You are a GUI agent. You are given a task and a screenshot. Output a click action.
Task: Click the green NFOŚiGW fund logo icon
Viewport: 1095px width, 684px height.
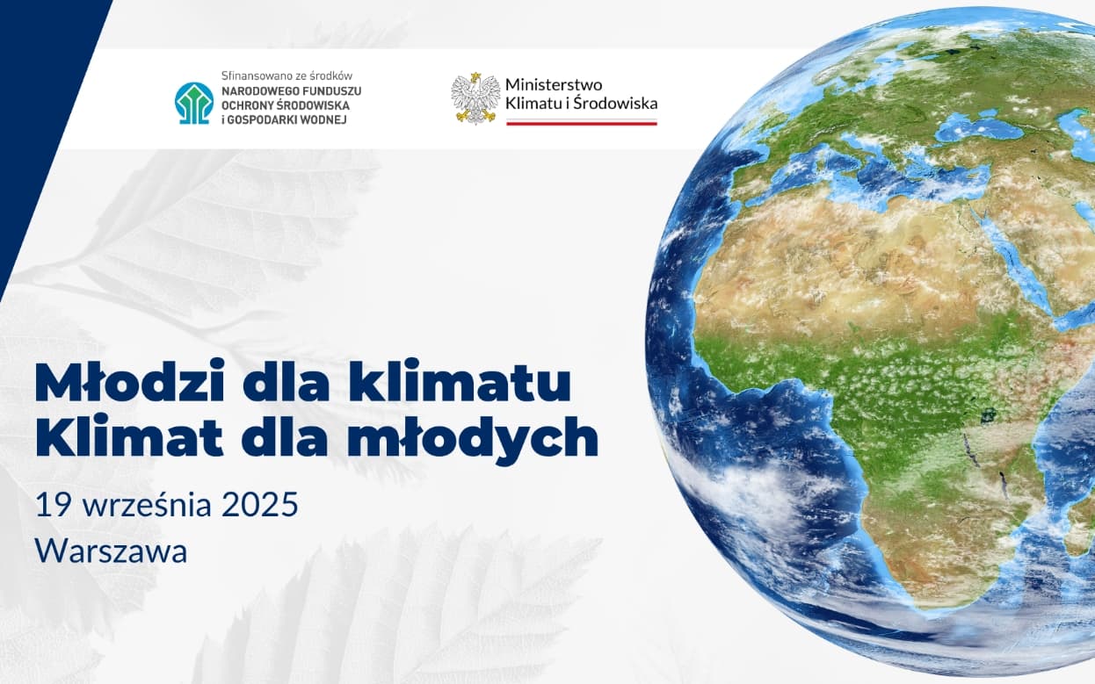pyautogui.click(x=193, y=103)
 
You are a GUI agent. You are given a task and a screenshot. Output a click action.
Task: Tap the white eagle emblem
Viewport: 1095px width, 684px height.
pyautogui.click(x=475, y=98)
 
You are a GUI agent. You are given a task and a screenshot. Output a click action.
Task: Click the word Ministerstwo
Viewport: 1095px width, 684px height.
pyautogui.click(x=554, y=84)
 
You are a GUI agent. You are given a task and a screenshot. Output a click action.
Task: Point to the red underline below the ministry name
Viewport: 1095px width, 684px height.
pyautogui.click(x=581, y=123)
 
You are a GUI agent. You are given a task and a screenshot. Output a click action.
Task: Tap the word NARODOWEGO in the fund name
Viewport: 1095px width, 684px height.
pyautogui.click(x=256, y=90)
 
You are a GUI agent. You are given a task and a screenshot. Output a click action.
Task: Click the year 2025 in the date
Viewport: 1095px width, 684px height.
pyautogui.click(x=260, y=506)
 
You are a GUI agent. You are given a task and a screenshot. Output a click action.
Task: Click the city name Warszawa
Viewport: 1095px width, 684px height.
pyautogui.click(x=111, y=551)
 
